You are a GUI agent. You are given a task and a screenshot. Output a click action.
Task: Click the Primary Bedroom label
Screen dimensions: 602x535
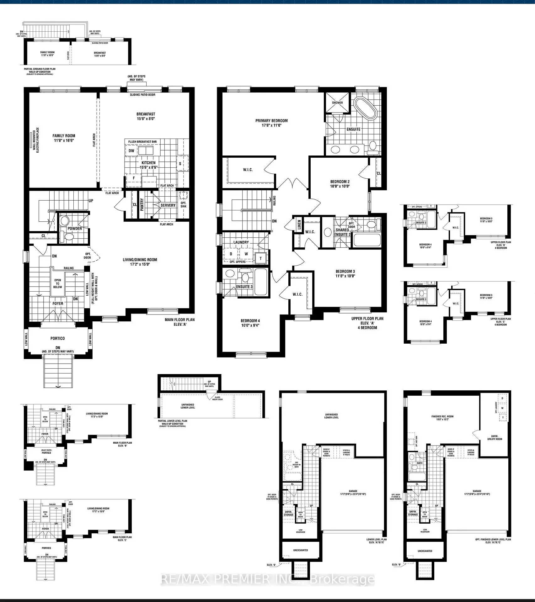(x=271, y=123)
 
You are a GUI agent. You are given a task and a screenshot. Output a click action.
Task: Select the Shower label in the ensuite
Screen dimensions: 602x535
(x=337, y=103)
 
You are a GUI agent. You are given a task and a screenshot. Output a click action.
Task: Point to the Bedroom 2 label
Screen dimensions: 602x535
(x=340, y=184)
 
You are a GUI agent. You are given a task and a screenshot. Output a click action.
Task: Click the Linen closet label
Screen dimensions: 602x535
(x=299, y=225)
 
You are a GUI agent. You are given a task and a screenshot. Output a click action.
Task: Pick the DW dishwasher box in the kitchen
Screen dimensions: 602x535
(x=131, y=151)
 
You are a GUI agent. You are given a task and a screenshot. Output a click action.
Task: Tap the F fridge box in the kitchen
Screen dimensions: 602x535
(x=134, y=178)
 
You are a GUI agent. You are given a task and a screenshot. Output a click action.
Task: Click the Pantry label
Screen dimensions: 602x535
(x=142, y=204)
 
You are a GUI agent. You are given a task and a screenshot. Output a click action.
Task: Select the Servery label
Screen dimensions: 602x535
(x=168, y=205)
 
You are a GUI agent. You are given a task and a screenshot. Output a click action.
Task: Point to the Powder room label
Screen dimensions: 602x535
(x=75, y=228)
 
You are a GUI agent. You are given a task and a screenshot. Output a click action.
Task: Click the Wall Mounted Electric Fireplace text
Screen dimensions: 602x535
(x=37, y=140)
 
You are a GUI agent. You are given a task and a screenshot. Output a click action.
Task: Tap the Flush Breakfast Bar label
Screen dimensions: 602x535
(x=142, y=142)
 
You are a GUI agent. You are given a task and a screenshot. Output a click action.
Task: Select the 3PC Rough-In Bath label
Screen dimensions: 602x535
(x=297, y=465)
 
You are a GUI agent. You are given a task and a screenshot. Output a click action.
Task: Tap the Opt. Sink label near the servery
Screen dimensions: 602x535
(x=184, y=204)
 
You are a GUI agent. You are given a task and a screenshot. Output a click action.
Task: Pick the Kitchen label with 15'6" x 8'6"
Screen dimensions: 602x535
(x=148, y=165)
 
